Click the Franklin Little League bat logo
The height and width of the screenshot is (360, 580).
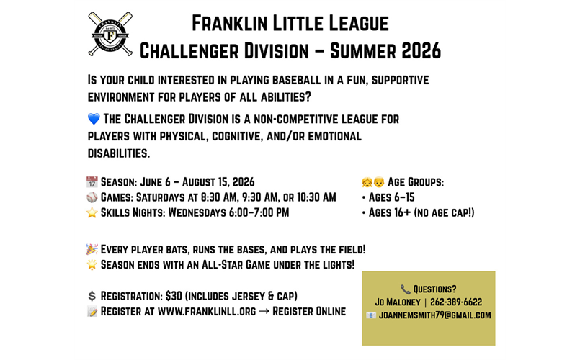[110, 34]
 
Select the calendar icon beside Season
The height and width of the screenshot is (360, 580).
[92, 182]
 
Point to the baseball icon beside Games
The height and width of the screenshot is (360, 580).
[92, 197]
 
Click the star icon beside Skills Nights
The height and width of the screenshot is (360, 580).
[92, 212]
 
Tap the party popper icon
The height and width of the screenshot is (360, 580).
[92, 250]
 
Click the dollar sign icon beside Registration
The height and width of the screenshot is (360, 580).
[92, 296]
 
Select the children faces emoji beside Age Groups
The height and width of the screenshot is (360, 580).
[373, 182]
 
